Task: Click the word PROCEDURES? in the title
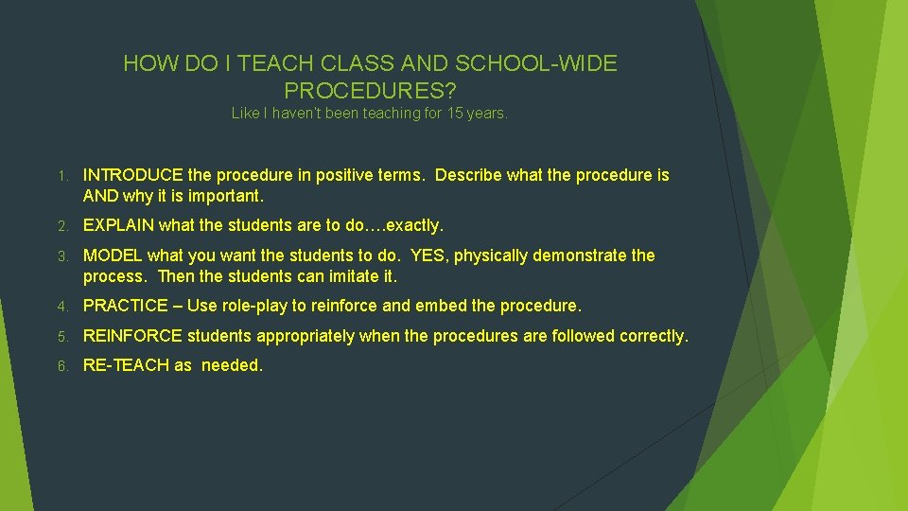coord(370,91)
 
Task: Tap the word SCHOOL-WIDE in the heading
coord(537,64)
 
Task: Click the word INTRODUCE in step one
coord(133,175)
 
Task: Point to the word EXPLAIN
coord(118,225)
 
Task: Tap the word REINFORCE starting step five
coord(133,336)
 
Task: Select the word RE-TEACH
coord(126,365)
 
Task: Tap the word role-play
coord(261,306)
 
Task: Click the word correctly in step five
coord(655,336)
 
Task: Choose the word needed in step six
coord(232,365)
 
